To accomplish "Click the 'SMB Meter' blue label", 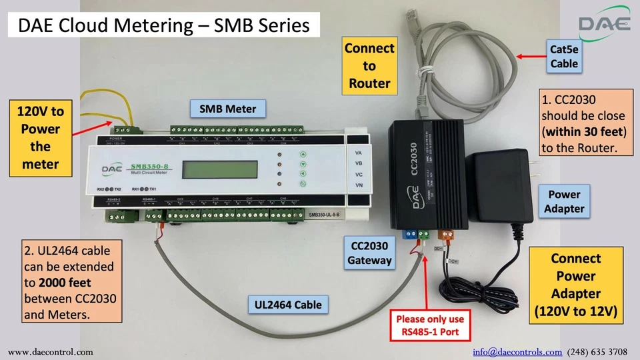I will tap(227, 109).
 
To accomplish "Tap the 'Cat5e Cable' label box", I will tap(564, 57).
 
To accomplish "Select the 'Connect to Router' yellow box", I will tap(369, 66).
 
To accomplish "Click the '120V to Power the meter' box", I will tap(41, 138).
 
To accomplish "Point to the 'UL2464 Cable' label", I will tap(288, 305).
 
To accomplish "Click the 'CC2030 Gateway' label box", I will tap(369, 253).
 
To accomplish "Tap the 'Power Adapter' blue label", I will tap(564, 201).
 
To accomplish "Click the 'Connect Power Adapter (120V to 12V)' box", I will tap(575, 285).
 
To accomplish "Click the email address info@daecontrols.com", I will tap(517, 351).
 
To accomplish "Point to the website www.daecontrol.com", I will tap(51, 351).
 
